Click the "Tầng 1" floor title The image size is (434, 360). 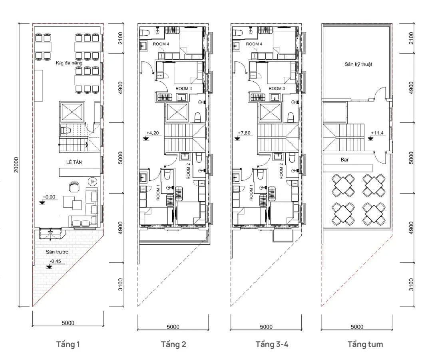[68, 344]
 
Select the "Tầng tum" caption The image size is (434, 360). [365, 344]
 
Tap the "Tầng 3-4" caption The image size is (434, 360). [272, 344]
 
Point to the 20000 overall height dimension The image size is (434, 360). [16, 165]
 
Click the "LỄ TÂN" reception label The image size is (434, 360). [74, 162]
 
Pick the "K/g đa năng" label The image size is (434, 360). [69, 63]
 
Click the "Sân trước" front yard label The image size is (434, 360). [57, 252]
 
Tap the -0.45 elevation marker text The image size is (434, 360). [56, 261]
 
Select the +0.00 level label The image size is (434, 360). [49, 197]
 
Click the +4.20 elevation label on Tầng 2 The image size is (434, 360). [153, 133]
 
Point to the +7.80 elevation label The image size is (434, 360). [244, 133]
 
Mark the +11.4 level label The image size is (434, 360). [377, 133]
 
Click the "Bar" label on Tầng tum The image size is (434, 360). [344, 160]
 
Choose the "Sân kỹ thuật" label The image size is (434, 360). [358, 64]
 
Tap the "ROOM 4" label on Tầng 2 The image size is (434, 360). [161, 44]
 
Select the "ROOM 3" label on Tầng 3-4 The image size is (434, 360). [277, 88]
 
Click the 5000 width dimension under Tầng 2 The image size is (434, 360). [173, 327]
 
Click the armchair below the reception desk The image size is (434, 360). [74, 187]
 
